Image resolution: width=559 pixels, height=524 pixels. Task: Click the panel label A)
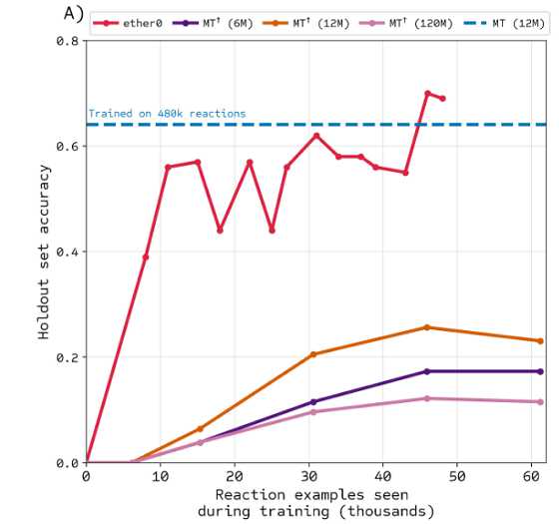click(73, 13)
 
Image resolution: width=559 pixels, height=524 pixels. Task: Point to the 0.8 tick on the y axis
click(67, 41)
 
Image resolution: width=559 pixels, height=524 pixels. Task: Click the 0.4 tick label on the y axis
click(67, 252)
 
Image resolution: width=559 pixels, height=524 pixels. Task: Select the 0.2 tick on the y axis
click(67, 357)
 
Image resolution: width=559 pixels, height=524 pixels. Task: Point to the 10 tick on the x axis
click(161, 478)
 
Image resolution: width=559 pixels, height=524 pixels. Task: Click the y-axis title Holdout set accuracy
click(44, 252)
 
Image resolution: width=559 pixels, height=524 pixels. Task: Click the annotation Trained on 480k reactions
click(167, 114)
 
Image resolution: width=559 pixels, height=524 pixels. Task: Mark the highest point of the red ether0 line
click(427, 94)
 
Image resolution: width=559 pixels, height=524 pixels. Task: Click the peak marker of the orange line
click(427, 327)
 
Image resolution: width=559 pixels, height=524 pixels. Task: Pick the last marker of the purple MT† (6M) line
click(540, 371)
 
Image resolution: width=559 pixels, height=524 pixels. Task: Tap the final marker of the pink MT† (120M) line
click(540, 402)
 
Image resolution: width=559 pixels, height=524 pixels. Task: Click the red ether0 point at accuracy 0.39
click(146, 257)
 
